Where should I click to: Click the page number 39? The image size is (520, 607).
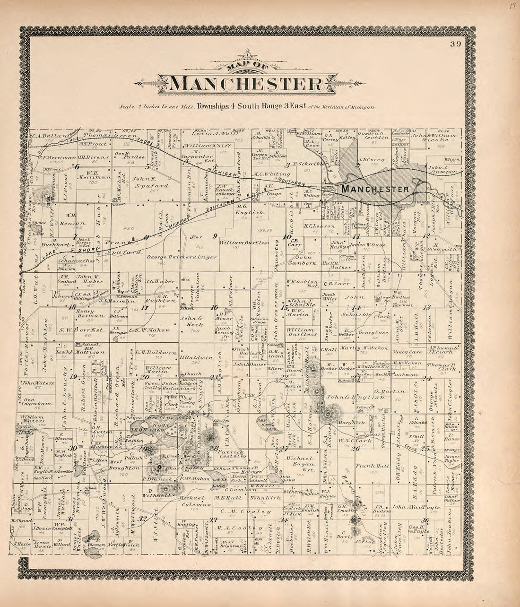(455, 45)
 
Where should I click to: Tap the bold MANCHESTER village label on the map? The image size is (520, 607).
(375, 189)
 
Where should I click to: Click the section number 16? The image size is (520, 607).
(214, 307)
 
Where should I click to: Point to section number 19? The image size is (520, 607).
(73, 376)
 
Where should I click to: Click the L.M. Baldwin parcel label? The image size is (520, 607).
(149, 352)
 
